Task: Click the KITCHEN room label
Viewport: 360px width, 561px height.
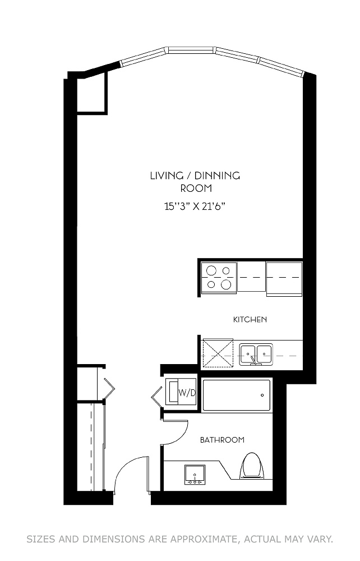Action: (x=250, y=320)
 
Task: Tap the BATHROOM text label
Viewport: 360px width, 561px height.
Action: (x=222, y=440)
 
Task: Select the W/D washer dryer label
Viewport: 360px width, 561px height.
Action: (x=187, y=393)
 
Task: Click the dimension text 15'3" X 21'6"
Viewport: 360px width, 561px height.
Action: (x=195, y=206)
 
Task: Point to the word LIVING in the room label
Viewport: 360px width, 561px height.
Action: (x=164, y=176)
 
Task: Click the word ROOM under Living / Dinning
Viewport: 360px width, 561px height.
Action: (x=196, y=188)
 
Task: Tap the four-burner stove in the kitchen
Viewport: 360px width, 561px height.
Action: (x=219, y=277)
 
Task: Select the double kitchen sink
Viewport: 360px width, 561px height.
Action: (x=256, y=354)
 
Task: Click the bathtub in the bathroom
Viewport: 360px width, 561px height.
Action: (x=236, y=396)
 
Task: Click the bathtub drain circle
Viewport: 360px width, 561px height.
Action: (x=262, y=396)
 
